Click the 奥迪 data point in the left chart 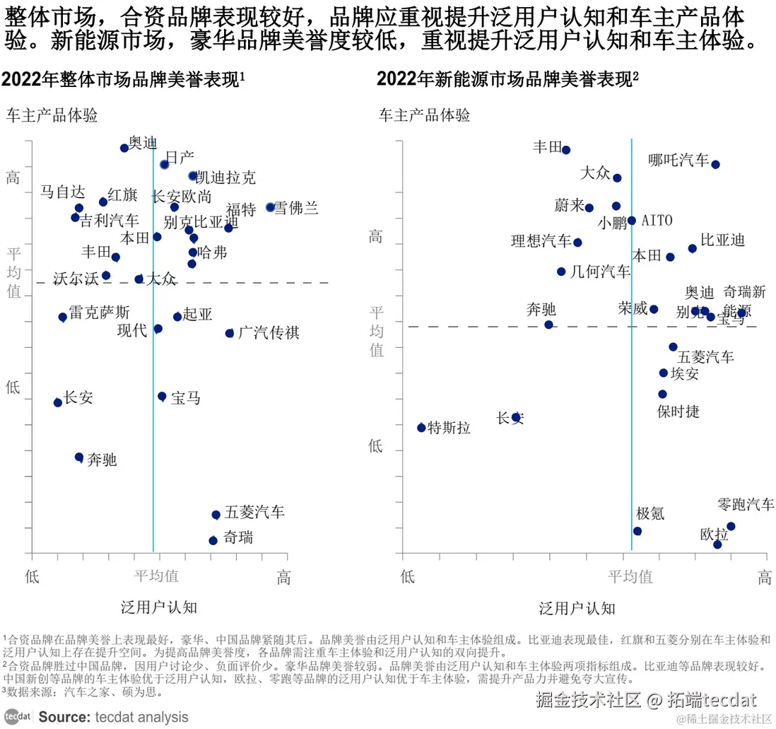[x=124, y=148]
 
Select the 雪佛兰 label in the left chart [x=296, y=209]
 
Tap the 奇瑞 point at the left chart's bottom [x=213, y=540]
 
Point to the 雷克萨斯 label [x=99, y=313]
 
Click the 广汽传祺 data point [x=230, y=333]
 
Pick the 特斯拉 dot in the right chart [x=421, y=428]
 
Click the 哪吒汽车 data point [x=715, y=165]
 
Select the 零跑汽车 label [x=746, y=505]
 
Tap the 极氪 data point [x=637, y=531]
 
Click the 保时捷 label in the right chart [x=678, y=412]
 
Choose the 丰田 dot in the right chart [x=566, y=150]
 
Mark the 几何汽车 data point [x=561, y=272]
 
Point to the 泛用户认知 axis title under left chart [x=159, y=607]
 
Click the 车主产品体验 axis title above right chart [x=425, y=115]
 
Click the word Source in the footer [x=64, y=717]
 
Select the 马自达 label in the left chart [x=62, y=192]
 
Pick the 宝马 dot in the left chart [x=162, y=397]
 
